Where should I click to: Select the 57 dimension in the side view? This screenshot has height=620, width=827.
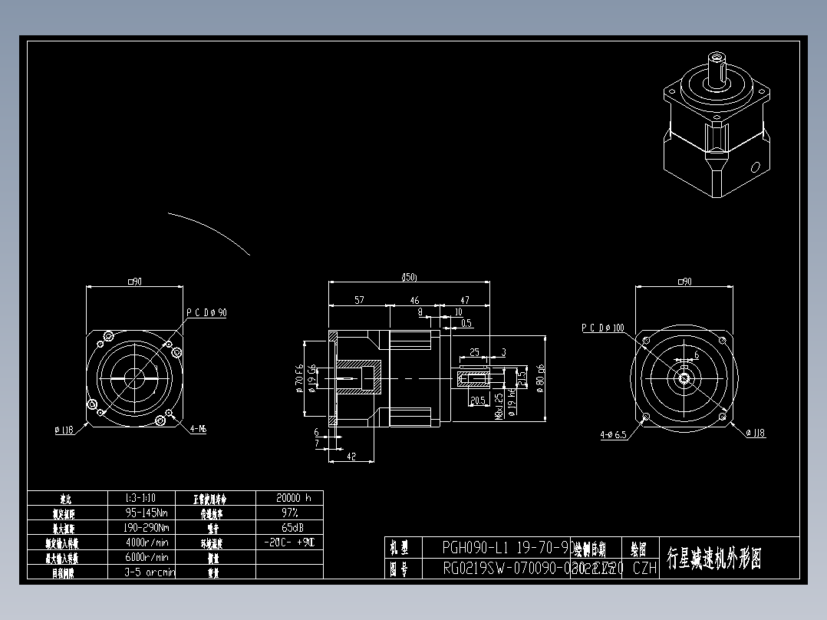coord(359,301)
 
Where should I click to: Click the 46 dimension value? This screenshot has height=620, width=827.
coord(414,301)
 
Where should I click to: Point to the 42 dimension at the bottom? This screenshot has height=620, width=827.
coord(351,456)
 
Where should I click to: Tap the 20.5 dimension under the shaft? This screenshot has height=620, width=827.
coord(476,400)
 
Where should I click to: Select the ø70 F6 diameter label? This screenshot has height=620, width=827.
coord(298,378)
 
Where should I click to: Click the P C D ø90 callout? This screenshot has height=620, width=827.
coord(206,313)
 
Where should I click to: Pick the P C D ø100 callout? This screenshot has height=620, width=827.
coord(602,328)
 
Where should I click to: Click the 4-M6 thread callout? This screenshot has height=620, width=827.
coord(198,430)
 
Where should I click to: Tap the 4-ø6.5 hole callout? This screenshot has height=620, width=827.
coord(613,434)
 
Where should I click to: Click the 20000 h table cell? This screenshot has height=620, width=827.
coord(289,498)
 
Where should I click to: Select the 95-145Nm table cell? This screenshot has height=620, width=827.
coord(149,513)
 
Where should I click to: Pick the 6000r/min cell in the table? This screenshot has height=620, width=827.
coord(149,557)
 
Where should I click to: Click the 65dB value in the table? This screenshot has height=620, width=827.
coord(289,527)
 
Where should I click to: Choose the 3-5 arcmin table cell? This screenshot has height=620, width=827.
coord(149,572)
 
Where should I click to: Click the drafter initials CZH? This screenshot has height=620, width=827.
coord(645,569)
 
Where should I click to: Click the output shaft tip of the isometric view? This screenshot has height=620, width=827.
coord(718,58)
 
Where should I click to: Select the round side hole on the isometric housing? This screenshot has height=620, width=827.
coord(755,166)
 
